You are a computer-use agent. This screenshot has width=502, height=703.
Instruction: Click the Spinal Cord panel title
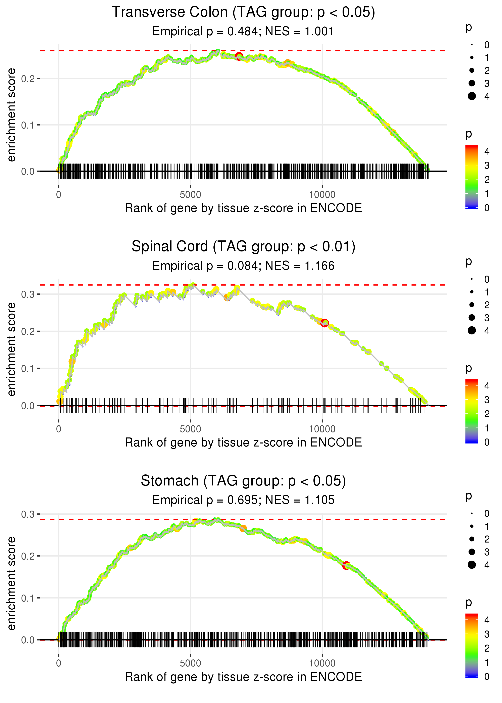243,247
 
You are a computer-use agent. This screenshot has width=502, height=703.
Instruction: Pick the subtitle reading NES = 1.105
243,500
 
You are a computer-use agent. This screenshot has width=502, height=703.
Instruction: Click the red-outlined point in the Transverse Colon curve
239,56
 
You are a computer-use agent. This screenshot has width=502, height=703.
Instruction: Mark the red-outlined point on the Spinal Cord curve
324,323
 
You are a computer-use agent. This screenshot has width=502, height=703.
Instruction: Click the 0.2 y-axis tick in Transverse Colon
28,79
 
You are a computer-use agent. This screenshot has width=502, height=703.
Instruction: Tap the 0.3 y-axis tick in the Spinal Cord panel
28,294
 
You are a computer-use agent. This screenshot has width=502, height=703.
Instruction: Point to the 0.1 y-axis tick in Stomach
28,598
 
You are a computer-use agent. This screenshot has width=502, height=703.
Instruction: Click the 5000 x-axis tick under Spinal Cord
190,429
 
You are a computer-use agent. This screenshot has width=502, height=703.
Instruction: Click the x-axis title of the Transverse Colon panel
243,208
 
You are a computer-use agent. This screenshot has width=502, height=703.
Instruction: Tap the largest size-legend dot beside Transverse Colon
472,96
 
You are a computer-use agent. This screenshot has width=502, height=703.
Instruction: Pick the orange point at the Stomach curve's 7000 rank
243,528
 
